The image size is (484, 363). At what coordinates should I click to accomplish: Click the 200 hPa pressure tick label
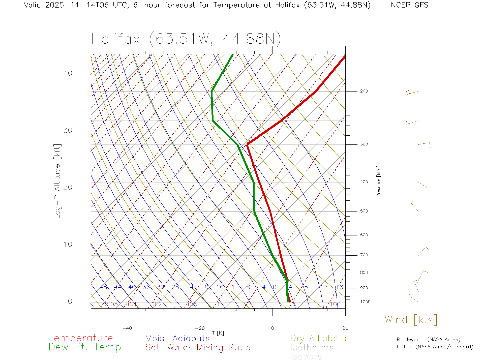[x=364, y=91]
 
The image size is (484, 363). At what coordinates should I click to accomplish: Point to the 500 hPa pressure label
[x=364, y=211]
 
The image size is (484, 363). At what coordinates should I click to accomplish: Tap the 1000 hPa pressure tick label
[x=365, y=302]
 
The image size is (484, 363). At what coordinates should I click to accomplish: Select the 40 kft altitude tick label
[x=68, y=74]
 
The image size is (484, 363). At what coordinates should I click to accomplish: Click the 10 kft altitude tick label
[x=68, y=245]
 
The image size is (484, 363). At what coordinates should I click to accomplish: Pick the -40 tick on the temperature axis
[x=127, y=328]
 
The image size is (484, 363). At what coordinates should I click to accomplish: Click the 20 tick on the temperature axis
[x=345, y=328]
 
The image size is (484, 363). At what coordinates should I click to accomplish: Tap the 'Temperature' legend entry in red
[x=81, y=338]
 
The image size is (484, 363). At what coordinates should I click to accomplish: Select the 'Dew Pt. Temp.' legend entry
[x=86, y=347]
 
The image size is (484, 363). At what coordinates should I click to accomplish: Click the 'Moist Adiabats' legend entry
[x=178, y=338]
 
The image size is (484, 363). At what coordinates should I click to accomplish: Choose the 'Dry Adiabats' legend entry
[x=318, y=338]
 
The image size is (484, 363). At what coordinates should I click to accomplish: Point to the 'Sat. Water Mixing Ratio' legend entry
[x=198, y=348]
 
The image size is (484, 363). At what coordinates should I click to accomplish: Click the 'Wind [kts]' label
[x=411, y=320]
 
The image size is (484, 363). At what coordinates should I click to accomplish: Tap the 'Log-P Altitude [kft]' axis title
[x=57, y=181]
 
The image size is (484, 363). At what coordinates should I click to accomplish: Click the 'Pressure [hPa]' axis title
[x=378, y=181]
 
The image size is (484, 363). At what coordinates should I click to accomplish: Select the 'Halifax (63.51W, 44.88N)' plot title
[x=186, y=39]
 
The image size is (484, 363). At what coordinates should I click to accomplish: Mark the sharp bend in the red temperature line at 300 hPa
[x=247, y=144]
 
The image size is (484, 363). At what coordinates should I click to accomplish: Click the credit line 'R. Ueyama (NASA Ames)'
[x=429, y=340]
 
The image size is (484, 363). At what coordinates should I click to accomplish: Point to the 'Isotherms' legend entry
[x=312, y=348]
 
